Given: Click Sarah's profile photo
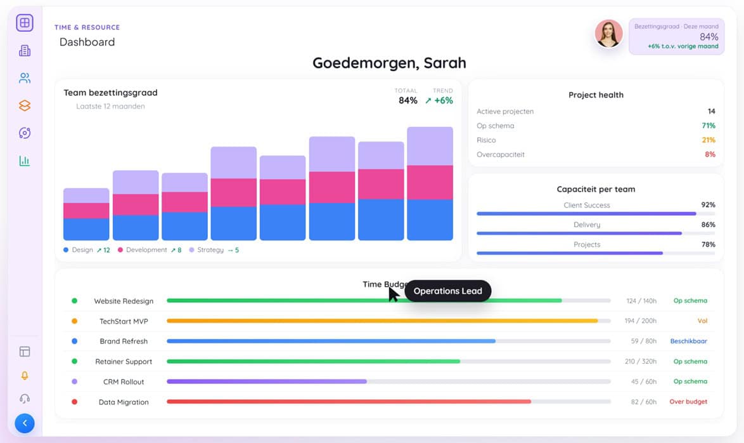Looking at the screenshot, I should tap(608, 34).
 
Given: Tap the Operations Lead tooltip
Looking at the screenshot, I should tap(447, 291).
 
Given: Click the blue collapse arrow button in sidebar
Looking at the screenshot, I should tap(25, 423).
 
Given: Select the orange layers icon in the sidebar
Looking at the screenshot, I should tap(25, 106).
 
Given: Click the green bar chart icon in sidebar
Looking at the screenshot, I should tap(25, 161).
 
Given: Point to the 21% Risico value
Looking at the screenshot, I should tap(708, 140).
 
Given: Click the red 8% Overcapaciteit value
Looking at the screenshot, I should tap(710, 155).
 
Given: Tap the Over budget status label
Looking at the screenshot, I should tap(688, 402).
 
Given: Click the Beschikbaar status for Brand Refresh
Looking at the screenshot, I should tap(688, 341).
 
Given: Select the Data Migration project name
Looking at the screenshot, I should tap(124, 402).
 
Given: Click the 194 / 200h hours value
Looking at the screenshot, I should tap(640, 321).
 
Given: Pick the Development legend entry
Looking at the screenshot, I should tap(146, 250).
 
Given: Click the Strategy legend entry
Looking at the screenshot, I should tap(210, 250).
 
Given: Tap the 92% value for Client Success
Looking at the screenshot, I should tap(708, 205).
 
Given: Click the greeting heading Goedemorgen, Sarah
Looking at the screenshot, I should tap(389, 63).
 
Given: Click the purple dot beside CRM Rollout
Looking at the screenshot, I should tap(74, 381).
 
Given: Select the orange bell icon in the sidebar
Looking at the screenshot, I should tap(25, 376).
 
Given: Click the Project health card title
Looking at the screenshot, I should tap(596, 95).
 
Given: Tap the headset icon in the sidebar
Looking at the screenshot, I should tap(25, 399).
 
